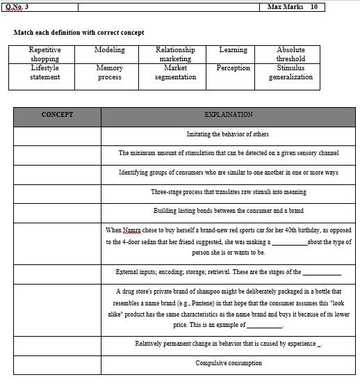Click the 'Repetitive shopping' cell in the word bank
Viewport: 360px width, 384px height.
pos(44,54)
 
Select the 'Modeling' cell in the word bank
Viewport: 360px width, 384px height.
pos(109,50)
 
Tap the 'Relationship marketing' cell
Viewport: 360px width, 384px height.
pos(175,54)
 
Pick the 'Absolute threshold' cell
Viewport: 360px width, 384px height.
pos(291,54)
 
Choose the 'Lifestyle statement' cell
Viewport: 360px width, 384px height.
pos(44,72)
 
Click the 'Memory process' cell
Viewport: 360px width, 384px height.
pos(109,72)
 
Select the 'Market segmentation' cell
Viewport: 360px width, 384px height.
pos(175,72)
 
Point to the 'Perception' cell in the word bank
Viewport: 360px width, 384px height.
pos(233,68)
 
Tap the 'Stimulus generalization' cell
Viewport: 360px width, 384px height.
pos(291,72)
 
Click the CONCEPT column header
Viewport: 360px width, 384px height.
pos(57,115)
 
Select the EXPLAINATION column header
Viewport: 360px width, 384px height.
pos(228,115)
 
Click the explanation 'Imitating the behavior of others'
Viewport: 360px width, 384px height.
pos(228,134)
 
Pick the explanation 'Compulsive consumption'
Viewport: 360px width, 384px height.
pos(228,363)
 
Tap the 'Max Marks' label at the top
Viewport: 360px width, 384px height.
pos(285,7)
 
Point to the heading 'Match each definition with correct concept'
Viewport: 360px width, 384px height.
pos(79,33)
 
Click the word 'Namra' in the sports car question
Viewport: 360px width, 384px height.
pos(131,230)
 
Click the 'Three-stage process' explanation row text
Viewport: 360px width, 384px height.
pos(228,192)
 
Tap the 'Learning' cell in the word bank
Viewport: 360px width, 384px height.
pos(233,50)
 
